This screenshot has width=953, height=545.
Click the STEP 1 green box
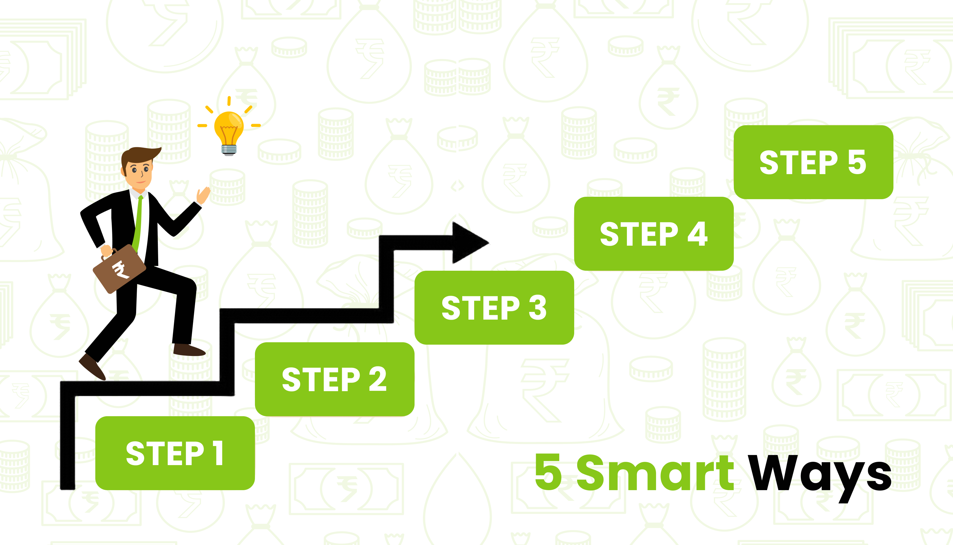175,453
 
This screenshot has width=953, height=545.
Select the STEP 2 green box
335,379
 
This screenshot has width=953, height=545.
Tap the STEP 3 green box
494,308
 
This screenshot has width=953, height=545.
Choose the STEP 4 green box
654,233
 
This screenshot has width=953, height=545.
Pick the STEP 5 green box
814,162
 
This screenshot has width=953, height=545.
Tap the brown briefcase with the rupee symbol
119,268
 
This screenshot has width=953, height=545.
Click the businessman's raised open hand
203,195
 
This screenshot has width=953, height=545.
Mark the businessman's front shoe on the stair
189,350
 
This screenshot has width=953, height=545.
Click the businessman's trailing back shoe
92,366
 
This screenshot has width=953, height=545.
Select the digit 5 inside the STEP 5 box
857,162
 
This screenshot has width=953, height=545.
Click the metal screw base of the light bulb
229,150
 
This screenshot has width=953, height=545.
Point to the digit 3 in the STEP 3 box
538,308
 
